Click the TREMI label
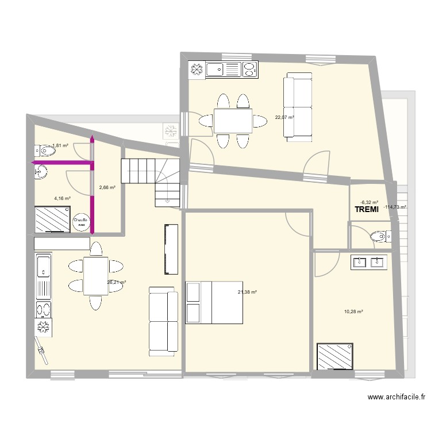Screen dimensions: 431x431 click(367, 210)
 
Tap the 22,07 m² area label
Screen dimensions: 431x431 click(284, 117)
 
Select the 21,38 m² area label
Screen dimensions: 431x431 click(247, 292)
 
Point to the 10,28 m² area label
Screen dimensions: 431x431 click(353, 311)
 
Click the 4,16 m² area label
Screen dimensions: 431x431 click(62, 198)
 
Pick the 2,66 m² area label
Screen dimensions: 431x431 click(107, 187)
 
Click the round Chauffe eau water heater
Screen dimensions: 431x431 click(80, 221)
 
